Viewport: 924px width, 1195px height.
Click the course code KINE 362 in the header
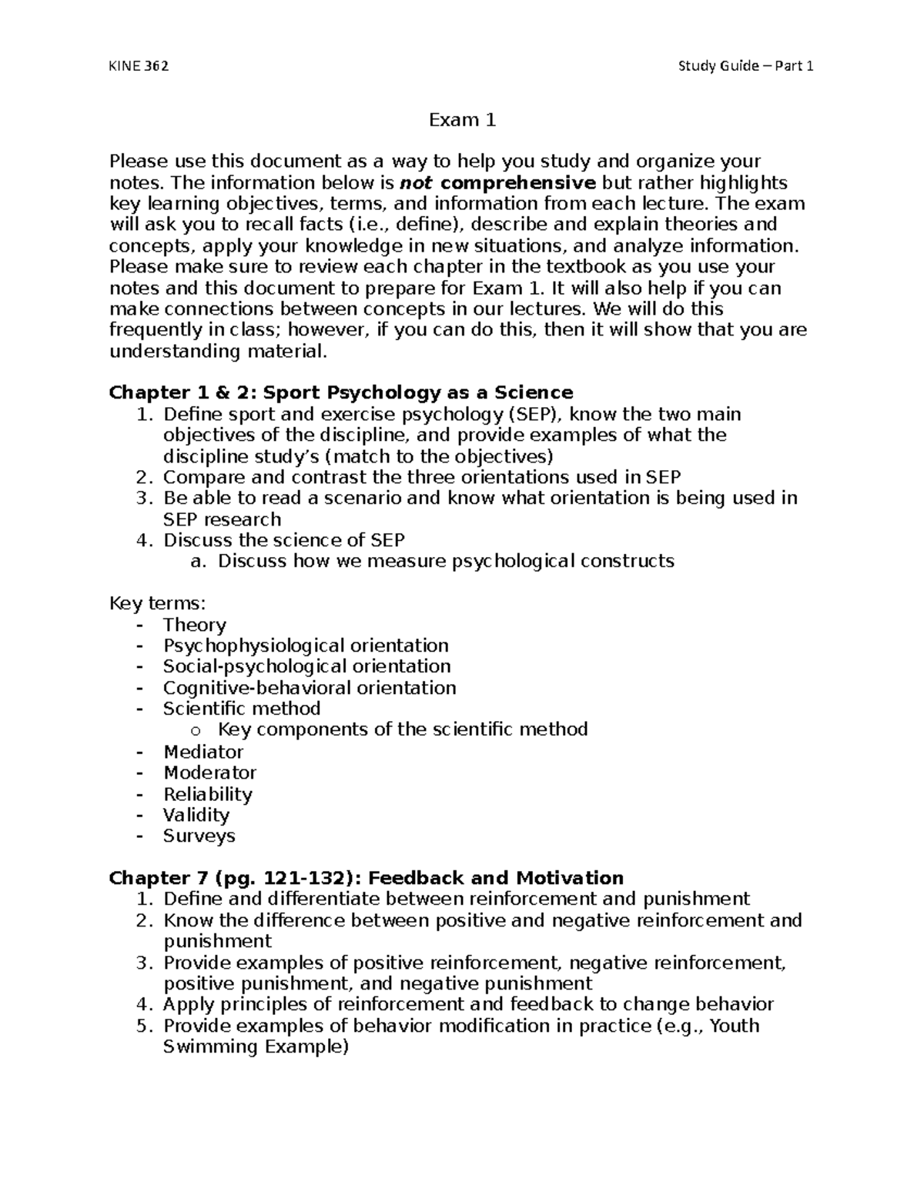(x=139, y=65)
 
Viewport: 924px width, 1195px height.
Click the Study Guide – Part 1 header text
(x=745, y=65)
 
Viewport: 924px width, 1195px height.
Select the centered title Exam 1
(x=462, y=120)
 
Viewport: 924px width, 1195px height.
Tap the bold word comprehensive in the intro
(x=518, y=183)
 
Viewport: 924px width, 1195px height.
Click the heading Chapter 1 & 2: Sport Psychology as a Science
(x=341, y=392)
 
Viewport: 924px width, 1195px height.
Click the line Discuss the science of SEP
(x=283, y=539)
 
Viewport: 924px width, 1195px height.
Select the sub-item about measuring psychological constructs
(x=446, y=561)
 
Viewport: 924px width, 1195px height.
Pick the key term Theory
(x=194, y=625)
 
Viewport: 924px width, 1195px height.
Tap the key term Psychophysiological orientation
(x=306, y=646)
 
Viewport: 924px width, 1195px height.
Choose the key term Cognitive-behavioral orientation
(x=310, y=688)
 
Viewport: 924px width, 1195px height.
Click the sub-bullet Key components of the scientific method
(x=403, y=729)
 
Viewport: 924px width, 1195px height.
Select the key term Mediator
(x=203, y=752)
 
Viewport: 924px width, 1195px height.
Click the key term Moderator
(x=209, y=773)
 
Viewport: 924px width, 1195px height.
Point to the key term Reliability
(x=207, y=794)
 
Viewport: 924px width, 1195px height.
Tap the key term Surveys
(x=199, y=836)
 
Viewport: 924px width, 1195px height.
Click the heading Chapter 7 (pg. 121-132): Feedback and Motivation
(x=366, y=878)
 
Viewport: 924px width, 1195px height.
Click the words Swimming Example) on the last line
(x=256, y=1047)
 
